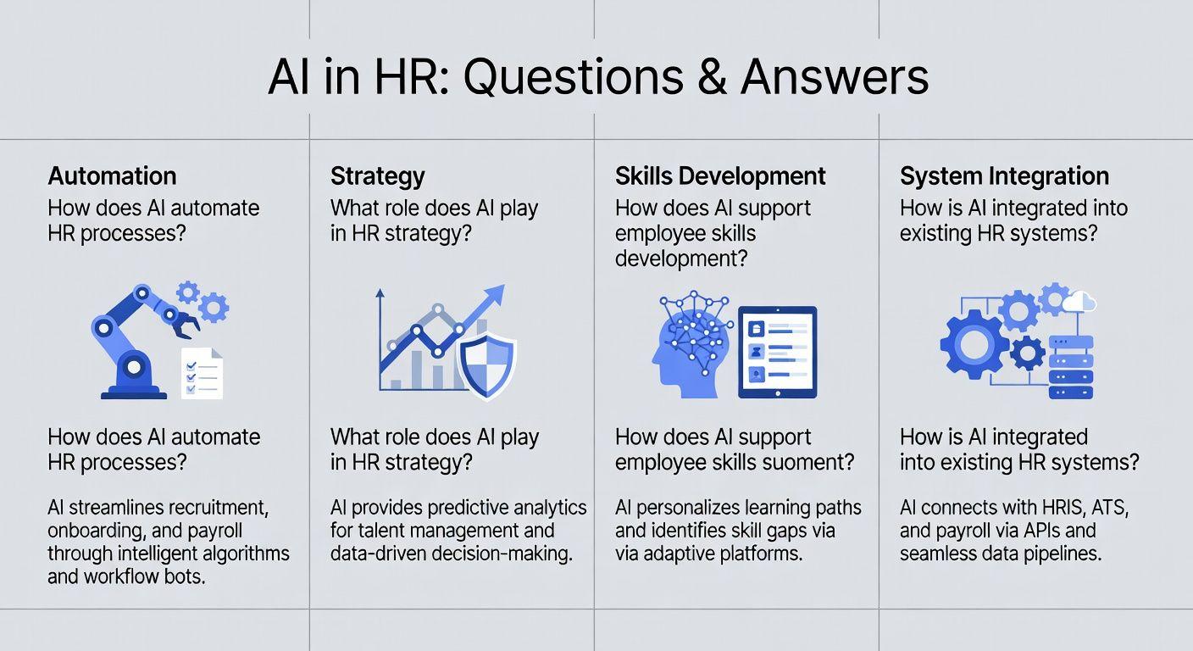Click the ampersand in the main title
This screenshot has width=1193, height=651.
tap(712, 77)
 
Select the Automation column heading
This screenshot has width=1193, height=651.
tap(112, 175)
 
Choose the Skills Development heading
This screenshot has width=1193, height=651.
tap(720, 176)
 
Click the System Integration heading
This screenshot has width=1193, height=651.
tap(1004, 176)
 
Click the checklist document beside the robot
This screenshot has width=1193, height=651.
tap(202, 373)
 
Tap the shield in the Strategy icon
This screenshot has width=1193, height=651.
tap(487, 366)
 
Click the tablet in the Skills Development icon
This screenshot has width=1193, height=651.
tap(778, 352)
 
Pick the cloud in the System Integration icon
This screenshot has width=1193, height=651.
tap(1079, 302)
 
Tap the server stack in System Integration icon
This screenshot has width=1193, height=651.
tap(1070, 367)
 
